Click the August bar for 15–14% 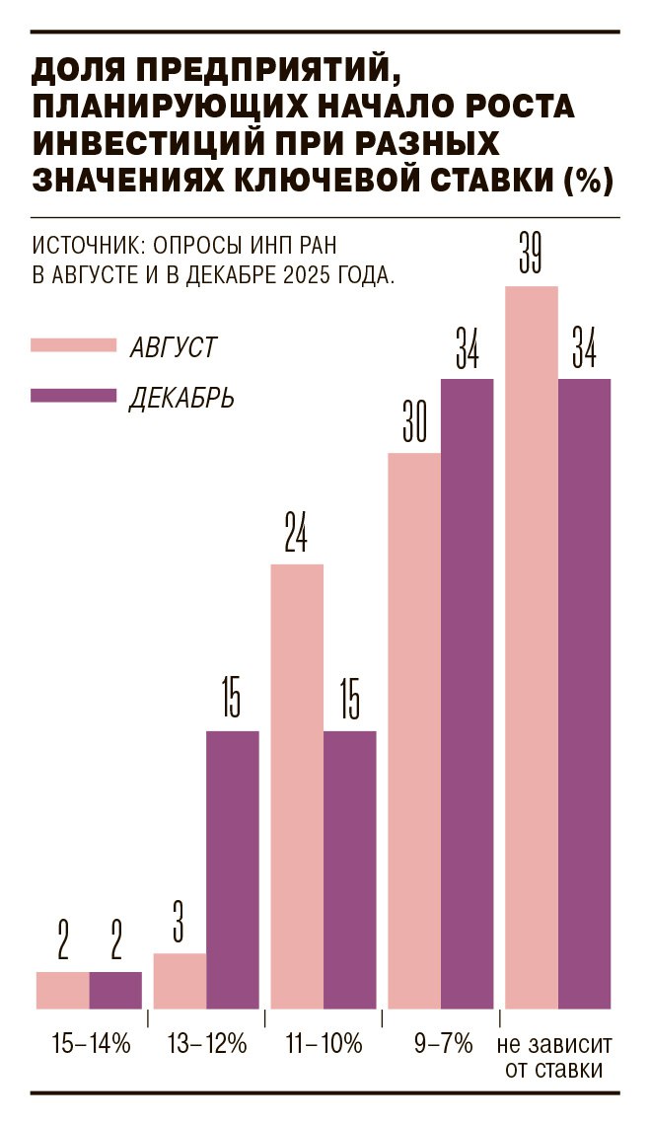pyautogui.click(x=63, y=990)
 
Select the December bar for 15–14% pyautogui.click(x=115, y=990)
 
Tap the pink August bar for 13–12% pyautogui.click(x=181, y=981)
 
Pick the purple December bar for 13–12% pyautogui.click(x=233, y=869)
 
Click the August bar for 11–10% pyautogui.click(x=297, y=787)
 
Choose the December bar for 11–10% pyautogui.click(x=350, y=869)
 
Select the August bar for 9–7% pyautogui.click(x=414, y=731)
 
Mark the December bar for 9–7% pyautogui.click(x=467, y=694)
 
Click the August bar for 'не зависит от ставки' pyautogui.click(x=532, y=647)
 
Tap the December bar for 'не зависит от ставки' pyautogui.click(x=585, y=694)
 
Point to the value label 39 pyautogui.click(x=532, y=259)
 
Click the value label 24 pyautogui.click(x=296, y=537)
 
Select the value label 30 pyautogui.click(x=414, y=426)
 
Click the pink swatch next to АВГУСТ pyautogui.click(x=74, y=345)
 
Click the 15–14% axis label pyautogui.click(x=91, y=1043)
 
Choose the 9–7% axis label pyautogui.click(x=444, y=1043)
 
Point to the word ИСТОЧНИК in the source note pyautogui.click(x=79, y=243)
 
